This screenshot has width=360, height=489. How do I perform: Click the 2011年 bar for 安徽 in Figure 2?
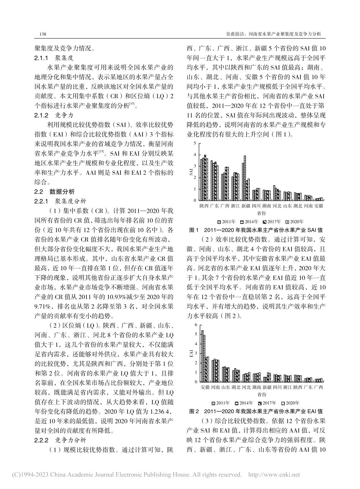click(x=202, y=355)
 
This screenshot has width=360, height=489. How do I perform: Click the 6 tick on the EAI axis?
click(x=196, y=325)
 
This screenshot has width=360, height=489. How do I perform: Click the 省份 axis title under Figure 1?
click(x=261, y=214)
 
